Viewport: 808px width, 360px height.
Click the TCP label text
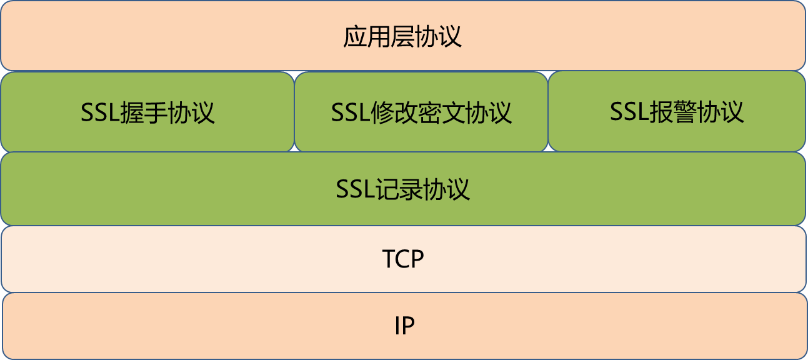(403, 259)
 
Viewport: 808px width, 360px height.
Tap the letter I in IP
(397, 326)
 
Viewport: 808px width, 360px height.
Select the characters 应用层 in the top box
(373, 37)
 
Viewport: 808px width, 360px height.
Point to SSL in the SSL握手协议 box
(99, 113)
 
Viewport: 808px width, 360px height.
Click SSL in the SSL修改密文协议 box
(349, 113)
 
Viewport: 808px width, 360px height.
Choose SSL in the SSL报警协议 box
(628, 112)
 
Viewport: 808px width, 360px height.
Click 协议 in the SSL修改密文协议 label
(497, 113)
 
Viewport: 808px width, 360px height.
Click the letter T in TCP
(389, 259)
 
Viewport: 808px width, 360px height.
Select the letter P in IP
(409, 326)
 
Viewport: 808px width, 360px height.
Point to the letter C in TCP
(402, 259)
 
